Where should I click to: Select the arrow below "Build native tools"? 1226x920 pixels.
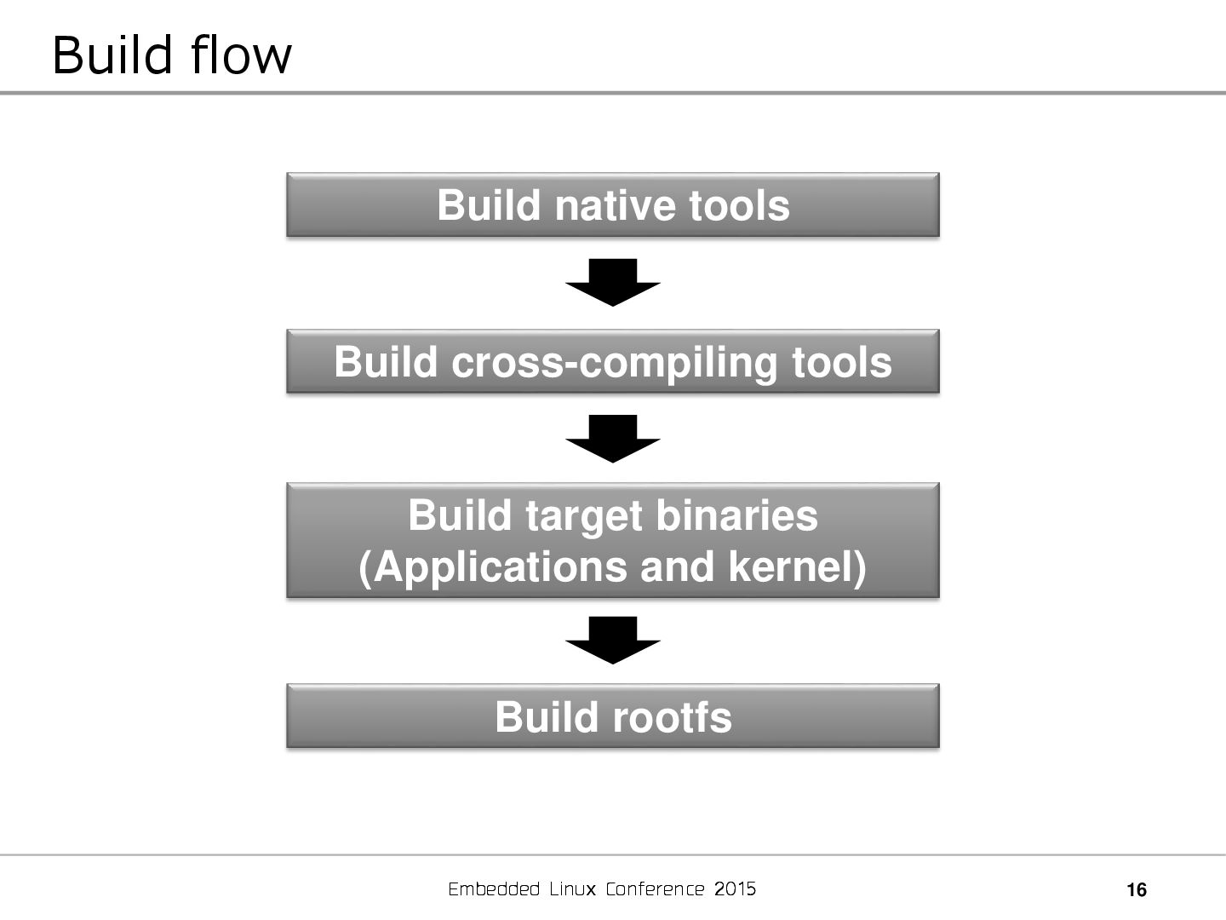(x=613, y=282)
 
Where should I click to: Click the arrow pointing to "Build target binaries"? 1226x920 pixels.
(x=613, y=438)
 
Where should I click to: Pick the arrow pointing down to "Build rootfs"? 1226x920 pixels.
(x=613, y=640)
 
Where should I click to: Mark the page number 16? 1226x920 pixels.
(x=1137, y=891)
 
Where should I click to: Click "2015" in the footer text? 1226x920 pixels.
(x=736, y=889)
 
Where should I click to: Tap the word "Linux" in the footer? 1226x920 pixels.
(x=573, y=889)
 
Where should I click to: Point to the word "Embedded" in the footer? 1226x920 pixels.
(x=494, y=889)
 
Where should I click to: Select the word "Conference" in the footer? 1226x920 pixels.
(x=655, y=889)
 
